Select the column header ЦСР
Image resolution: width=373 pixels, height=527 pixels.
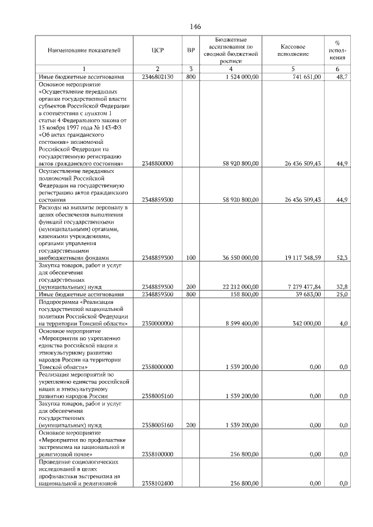(x=157, y=51)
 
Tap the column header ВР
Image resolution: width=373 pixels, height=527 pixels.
(x=191, y=51)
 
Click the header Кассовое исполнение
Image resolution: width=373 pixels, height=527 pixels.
(x=293, y=51)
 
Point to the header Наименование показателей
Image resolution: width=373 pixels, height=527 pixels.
(x=84, y=51)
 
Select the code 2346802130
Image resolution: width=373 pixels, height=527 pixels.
(x=157, y=77)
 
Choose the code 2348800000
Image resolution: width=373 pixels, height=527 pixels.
(x=157, y=164)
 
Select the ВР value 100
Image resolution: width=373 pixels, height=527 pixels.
(x=191, y=257)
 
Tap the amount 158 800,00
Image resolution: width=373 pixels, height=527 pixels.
(x=244, y=295)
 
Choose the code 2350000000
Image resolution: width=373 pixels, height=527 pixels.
(x=157, y=323)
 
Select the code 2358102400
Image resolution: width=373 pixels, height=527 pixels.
(x=157, y=483)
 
